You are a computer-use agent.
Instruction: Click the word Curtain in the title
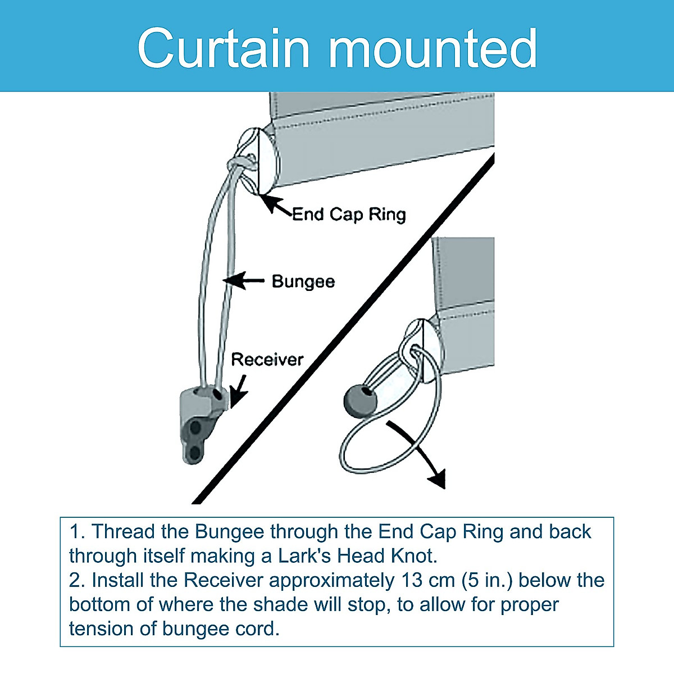(x=224, y=48)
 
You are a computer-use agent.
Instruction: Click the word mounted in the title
(x=432, y=48)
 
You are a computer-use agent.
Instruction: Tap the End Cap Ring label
(x=349, y=214)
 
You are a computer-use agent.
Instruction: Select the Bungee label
(x=303, y=281)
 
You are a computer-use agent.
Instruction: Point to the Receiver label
(x=267, y=359)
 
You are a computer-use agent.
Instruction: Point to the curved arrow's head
(x=436, y=479)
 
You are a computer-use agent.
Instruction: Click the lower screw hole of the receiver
(x=194, y=452)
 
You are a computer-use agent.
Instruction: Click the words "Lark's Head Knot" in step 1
(x=357, y=556)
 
